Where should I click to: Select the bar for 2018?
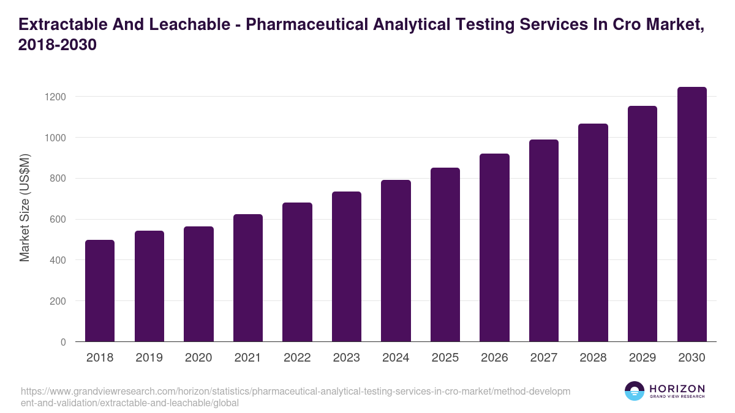(100, 291)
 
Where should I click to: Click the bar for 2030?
(692, 214)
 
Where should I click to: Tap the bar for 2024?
(396, 261)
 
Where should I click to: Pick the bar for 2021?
(247, 278)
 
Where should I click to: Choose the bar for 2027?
(544, 240)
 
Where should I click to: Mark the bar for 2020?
(198, 284)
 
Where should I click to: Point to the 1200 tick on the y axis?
(55, 97)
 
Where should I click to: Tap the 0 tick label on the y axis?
(63, 342)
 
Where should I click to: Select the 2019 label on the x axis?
(149, 358)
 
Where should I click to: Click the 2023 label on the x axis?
(346, 358)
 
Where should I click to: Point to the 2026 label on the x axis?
(494, 358)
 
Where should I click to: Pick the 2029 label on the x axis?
(643, 358)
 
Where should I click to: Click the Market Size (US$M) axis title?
(24, 208)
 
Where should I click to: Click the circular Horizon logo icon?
(635, 392)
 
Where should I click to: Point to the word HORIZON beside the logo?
(677, 389)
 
